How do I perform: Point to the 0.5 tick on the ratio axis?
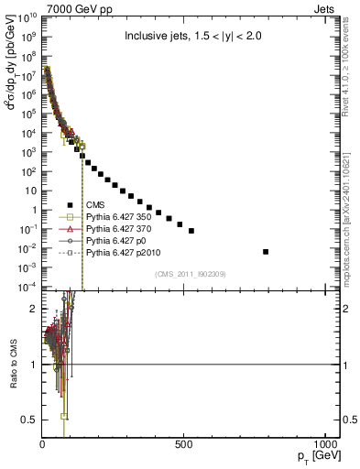point(29,420)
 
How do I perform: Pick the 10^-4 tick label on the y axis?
point(27,287)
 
